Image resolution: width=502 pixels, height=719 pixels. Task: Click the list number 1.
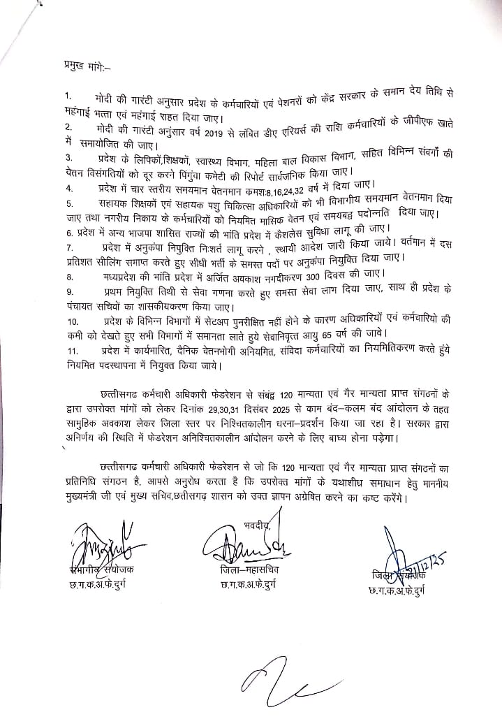click(66, 94)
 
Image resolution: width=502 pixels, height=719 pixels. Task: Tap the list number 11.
click(69, 350)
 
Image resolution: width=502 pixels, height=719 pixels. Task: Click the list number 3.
click(67, 157)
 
